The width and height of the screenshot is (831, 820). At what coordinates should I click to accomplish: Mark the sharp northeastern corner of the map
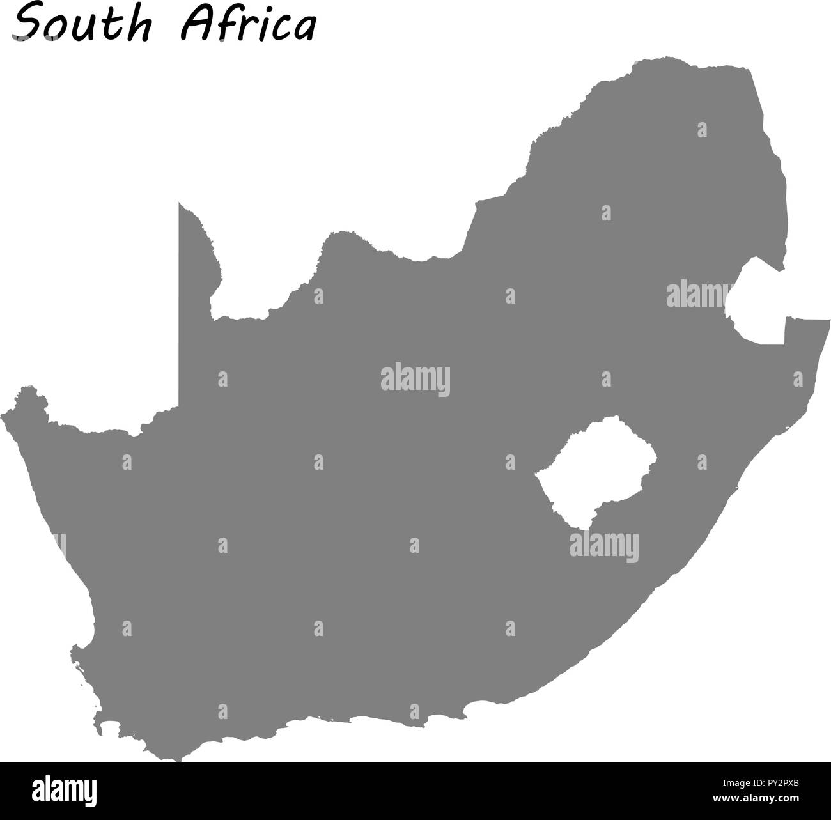(x=749, y=68)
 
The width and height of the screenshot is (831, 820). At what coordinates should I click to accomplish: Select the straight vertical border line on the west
(x=180, y=307)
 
